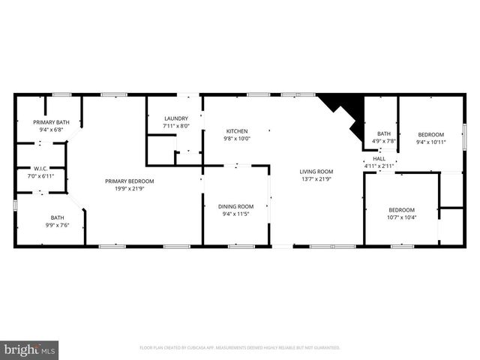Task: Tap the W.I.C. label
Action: pyautogui.click(x=40, y=168)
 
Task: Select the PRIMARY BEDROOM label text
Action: pyautogui.click(x=130, y=181)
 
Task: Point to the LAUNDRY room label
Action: pyautogui.click(x=177, y=118)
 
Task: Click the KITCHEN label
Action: pyautogui.click(x=236, y=130)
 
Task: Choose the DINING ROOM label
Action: pyautogui.click(x=236, y=206)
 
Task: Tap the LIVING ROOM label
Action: pyautogui.click(x=316, y=171)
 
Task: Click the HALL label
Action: pyautogui.click(x=379, y=158)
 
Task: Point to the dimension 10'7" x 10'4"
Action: pyautogui.click(x=402, y=217)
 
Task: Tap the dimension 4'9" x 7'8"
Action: pyautogui.click(x=384, y=141)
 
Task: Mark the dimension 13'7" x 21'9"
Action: pyautogui.click(x=316, y=178)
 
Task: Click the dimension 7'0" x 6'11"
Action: pyautogui.click(x=40, y=175)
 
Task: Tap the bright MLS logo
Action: pyautogui.click(x=30, y=349)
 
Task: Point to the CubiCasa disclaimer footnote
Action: pyautogui.click(x=240, y=348)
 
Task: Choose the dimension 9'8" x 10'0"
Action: pyautogui.click(x=236, y=138)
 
